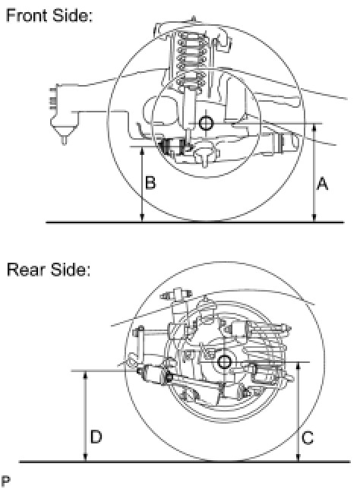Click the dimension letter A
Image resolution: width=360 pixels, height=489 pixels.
[322, 184]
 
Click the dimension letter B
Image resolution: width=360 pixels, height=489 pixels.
[150, 182]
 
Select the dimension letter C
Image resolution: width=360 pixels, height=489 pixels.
[308, 438]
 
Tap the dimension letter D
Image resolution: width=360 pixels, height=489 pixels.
[96, 437]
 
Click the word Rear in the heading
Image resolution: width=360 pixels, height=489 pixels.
[26, 270]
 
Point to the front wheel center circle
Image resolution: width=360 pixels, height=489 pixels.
[206, 123]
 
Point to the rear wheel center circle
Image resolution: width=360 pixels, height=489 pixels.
[224, 362]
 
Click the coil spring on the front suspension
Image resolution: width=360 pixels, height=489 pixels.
[191, 59]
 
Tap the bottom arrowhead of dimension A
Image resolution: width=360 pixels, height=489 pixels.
[314, 219]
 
